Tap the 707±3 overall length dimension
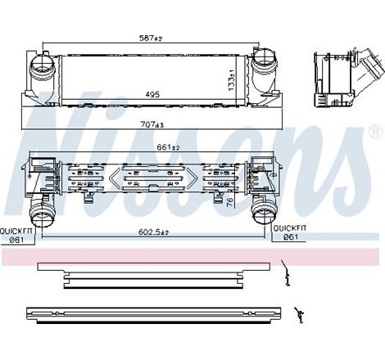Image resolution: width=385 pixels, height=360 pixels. coord(152,125)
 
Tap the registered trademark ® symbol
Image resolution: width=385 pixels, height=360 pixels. coord(374,132)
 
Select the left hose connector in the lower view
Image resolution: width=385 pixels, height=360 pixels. coord(42,218)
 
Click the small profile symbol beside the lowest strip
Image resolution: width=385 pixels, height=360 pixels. coord(299,312)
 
